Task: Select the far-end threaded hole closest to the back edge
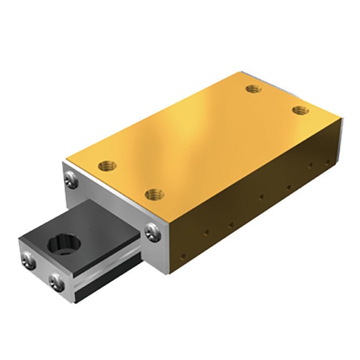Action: point(251,88)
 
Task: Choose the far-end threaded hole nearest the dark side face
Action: point(300,111)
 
